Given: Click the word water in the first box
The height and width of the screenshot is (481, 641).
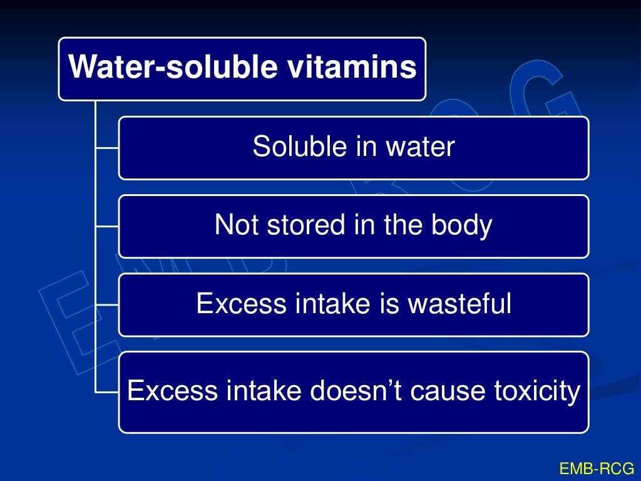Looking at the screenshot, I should coord(420,147).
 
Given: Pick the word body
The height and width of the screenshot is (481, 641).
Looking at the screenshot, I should coord(463,225).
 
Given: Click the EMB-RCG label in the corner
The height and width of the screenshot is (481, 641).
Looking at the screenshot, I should coord(596,468).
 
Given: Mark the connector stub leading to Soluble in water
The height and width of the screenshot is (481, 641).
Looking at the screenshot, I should coord(107,148).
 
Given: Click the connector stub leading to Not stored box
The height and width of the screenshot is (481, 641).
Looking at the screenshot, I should coord(107,226).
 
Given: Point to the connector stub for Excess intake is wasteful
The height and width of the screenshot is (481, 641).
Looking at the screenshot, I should coord(107,305).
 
